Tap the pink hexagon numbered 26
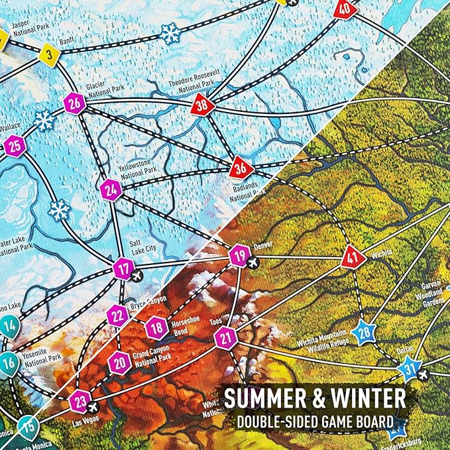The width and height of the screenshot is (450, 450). pos(75,103)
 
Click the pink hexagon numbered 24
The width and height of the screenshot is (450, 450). pos(112,190)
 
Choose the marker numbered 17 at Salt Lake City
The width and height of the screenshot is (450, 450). pos(123,268)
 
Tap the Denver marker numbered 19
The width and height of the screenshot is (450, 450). pos(239,255)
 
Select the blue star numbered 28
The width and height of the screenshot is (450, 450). pos(363,331)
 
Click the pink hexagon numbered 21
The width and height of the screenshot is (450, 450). pos(226,338)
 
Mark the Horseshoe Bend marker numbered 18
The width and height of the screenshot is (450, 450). pos(156,327)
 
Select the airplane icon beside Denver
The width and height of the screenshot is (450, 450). pos(253,262)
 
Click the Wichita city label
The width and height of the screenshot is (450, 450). pos(382,253)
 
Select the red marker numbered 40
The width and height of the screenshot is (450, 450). pos(343,9)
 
